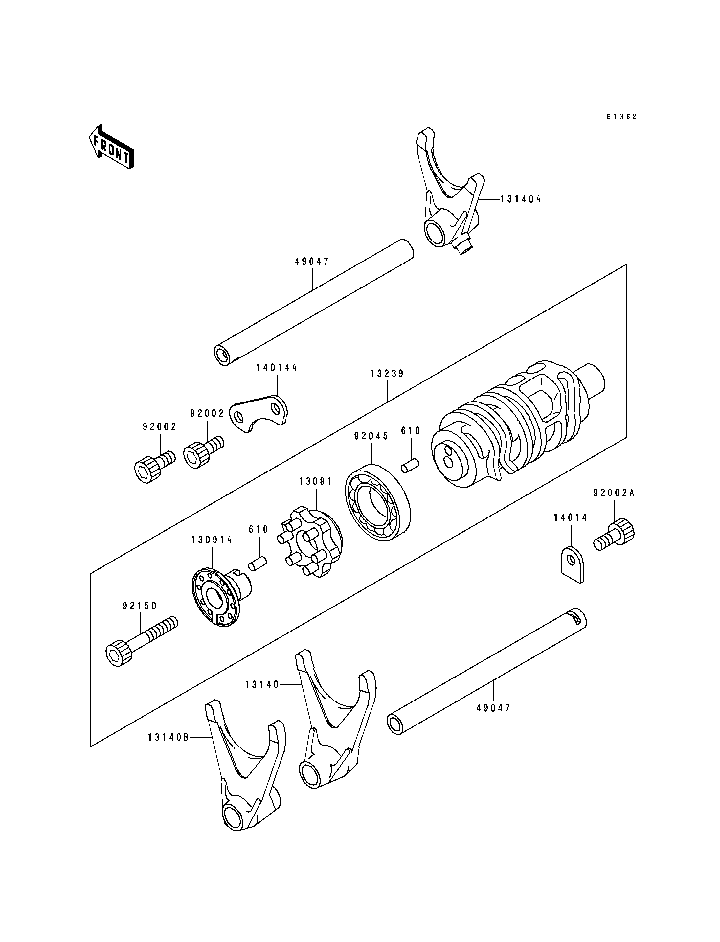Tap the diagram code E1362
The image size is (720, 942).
coord(621,117)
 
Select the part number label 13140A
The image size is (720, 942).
coord(521,199)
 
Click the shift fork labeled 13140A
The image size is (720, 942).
coord(450,191)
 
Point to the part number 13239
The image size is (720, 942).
coord(387,374)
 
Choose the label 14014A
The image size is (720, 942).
coord(277,367)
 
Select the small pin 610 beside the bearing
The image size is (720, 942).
coord(410,466)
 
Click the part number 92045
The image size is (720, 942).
coord(371,436)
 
